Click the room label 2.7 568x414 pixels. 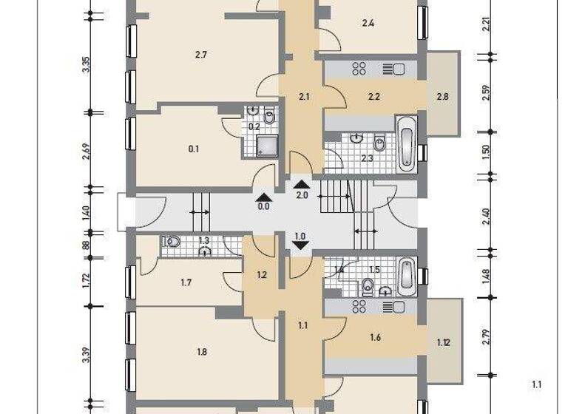point(200,55)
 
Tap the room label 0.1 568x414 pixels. point(194,149)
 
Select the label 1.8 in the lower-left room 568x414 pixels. point(202,352)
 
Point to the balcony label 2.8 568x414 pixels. point(442,96)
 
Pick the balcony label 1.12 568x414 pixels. point(444,342)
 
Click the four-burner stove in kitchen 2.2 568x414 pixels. point(360,69)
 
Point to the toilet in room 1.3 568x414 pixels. point(172,241)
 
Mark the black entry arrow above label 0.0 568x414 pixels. point(263,197)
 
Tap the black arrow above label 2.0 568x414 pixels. point(301,184)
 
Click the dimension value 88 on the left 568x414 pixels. point(87,246)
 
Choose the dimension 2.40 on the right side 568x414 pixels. point(486,217)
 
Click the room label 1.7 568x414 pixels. point(186,282)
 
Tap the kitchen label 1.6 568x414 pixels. point(374,337)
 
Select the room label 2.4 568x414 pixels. point(368,24)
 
